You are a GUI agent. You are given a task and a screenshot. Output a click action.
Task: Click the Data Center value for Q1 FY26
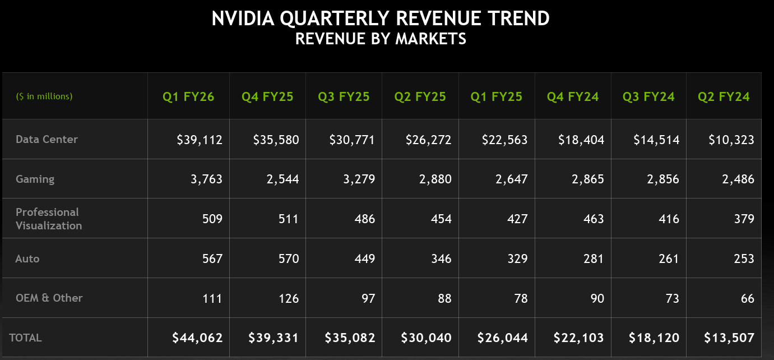[200, 140]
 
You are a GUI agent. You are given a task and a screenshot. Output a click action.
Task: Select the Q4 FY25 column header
[267, 96]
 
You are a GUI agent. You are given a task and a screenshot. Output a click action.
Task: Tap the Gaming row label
[35, 179]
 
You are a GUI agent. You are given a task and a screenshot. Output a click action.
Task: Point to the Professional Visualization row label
[48, 219]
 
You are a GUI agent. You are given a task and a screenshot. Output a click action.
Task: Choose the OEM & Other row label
[49, 298]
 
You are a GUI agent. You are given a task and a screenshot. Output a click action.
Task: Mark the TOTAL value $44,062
[197, 338]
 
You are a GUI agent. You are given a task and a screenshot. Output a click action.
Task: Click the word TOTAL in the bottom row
[25, 338]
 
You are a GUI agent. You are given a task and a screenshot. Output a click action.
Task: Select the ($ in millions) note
[44, 96]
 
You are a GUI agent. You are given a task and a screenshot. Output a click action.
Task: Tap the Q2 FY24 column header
[724, 96]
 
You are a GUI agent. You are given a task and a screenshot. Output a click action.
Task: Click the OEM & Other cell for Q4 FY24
[597, 298]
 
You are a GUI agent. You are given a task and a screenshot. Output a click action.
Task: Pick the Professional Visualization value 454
[441, 219]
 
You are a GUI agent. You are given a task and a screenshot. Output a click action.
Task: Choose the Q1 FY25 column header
[496, 96]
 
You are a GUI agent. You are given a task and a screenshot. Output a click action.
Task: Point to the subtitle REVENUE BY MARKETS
[381, 39]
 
